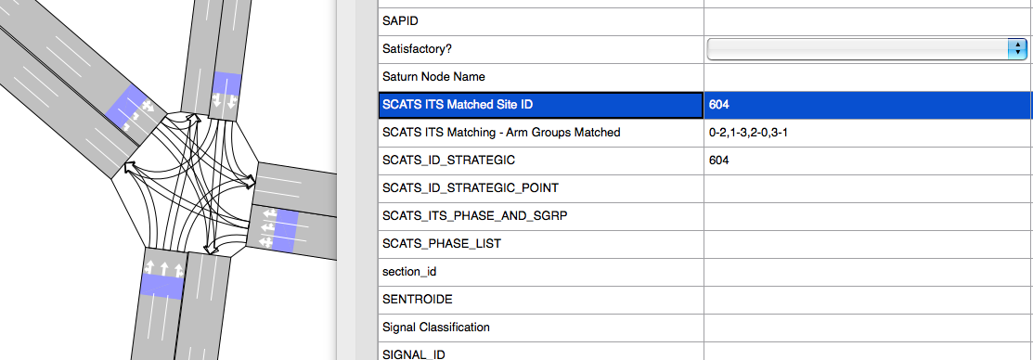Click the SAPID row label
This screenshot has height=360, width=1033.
point(401,21)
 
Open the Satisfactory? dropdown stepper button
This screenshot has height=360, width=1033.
point(1017,48)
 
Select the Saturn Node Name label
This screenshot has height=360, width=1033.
point(433,77)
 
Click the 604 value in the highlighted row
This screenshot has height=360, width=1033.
point(718,105)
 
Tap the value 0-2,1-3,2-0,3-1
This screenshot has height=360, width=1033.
point(748,133)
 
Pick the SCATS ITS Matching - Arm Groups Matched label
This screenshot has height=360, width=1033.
point(501,133)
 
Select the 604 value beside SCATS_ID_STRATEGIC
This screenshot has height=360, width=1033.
point(718,160)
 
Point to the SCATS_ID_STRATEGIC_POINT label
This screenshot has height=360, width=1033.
point(471,188)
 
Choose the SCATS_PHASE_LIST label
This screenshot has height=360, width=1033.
point(442,243)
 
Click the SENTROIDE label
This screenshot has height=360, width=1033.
point(417,300)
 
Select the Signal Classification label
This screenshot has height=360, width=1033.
point(435,328)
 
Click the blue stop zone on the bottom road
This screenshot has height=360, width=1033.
point(161,287)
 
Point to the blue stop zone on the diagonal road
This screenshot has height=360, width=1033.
point(132,107)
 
